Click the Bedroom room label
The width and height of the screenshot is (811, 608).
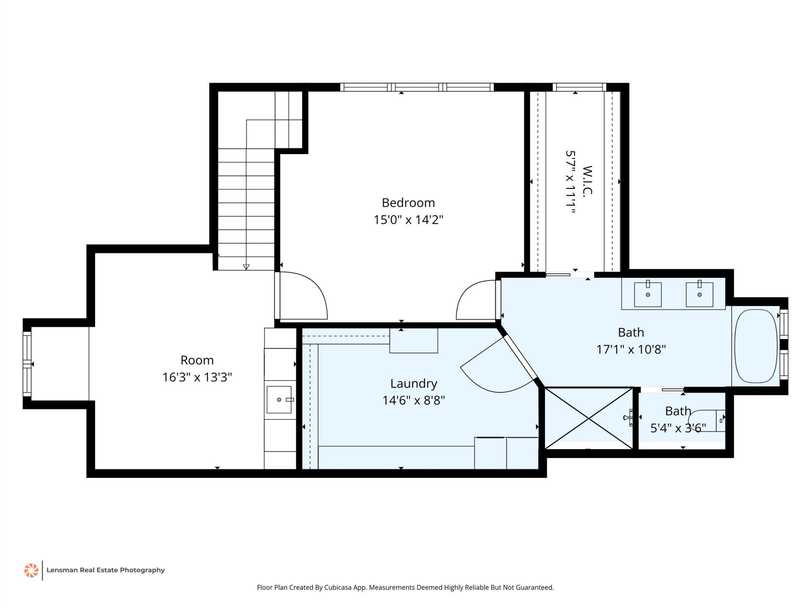tap(408, 203)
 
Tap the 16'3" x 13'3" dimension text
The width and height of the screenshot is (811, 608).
tap(197, 377)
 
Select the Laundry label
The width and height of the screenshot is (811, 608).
tap(414, 384)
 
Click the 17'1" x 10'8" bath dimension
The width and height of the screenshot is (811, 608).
tap(631, 349)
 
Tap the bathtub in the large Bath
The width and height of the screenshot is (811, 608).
tap(756, 346)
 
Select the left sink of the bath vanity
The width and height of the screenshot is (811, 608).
tap(648, 294)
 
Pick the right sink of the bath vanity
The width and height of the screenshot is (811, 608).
tap(699, 294)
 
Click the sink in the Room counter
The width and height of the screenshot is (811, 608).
tap(279, 399)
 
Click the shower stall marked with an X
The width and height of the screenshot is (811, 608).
tap(589, 418)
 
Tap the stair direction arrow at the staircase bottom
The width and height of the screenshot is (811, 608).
tap(246, 267)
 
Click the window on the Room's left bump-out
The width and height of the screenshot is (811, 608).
tap(27, 364)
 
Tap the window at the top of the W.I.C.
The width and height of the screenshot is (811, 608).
tap(580, 87)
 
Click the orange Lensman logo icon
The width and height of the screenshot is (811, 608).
tap(31, 570)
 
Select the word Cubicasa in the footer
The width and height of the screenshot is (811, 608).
tap(337, 587)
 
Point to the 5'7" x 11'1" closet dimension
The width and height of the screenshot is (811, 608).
tap(570, 182)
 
